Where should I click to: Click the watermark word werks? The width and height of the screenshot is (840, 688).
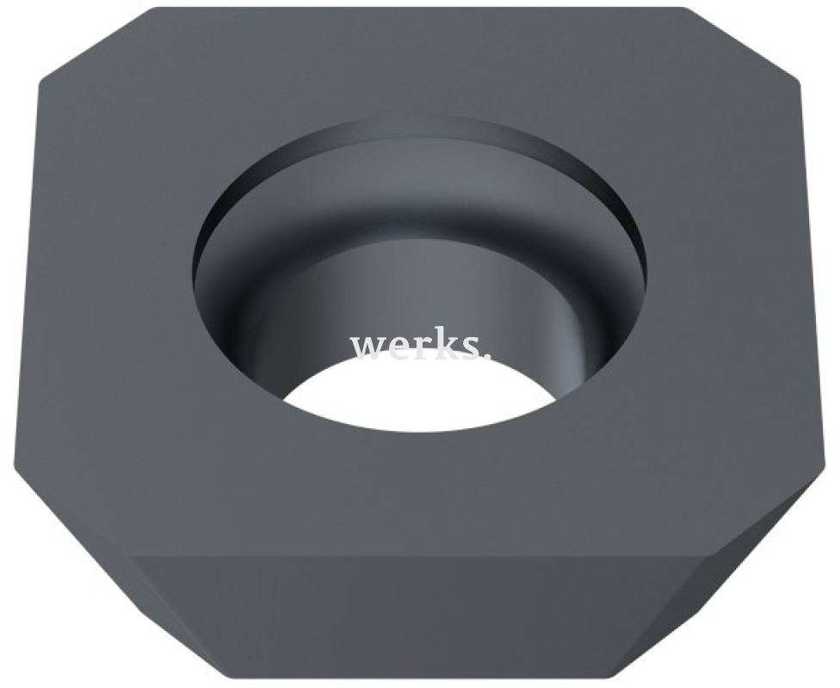(x=420, y=346)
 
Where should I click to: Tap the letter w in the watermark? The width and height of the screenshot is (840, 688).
(x=368, y=348)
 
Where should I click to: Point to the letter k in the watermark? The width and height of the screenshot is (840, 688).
(x=444, y=344)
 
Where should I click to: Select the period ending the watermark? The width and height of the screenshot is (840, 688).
(x=486, y=355)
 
